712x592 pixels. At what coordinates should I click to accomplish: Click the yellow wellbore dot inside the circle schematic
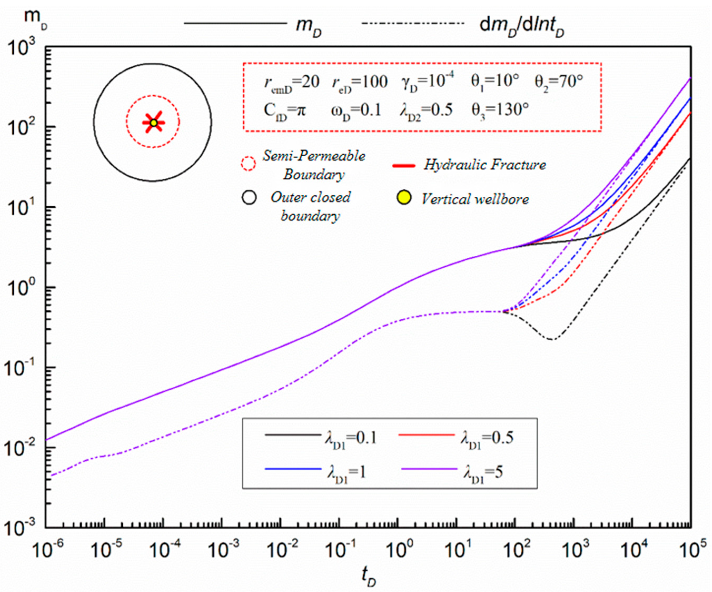[154, 123]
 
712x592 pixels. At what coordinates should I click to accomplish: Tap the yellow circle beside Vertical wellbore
[404, 198]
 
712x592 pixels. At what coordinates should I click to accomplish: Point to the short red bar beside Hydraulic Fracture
[403, 166]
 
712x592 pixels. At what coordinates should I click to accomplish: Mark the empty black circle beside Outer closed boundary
[249, 198]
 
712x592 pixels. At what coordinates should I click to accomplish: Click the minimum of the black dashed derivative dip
[551, 339]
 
